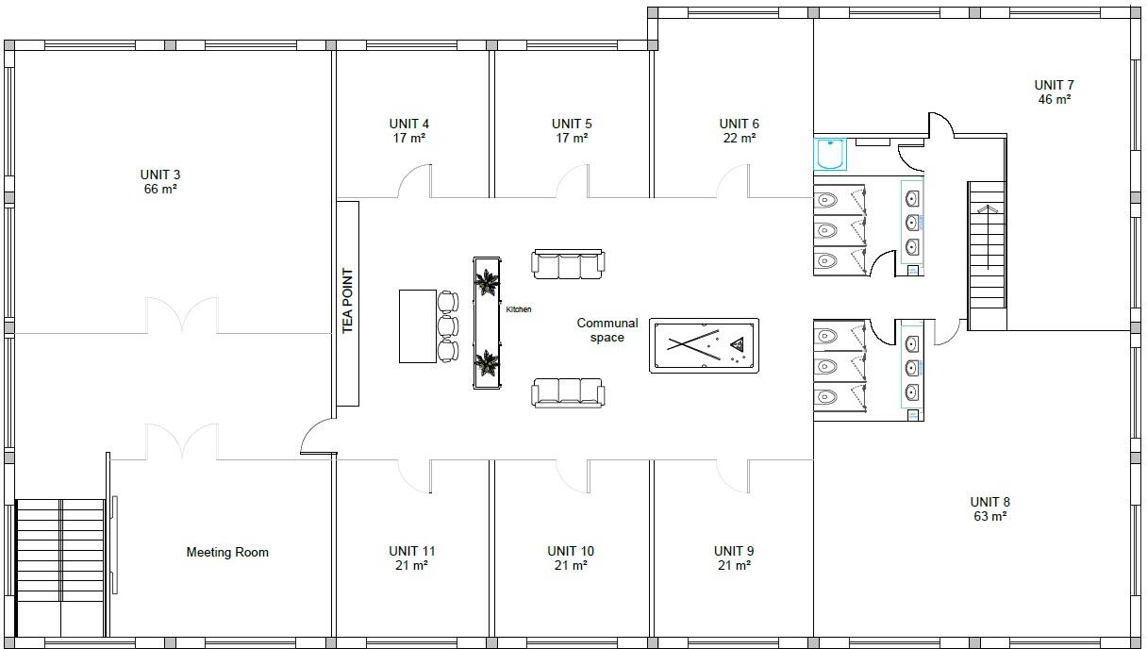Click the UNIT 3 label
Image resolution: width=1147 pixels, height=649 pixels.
coord(159,175)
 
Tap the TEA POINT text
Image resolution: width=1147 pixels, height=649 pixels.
coord(347,301)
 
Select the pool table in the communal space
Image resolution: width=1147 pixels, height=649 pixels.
coord(704,345)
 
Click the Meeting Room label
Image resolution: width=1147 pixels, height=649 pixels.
coord(227,552)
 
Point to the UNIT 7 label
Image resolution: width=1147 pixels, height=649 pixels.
coord(1054,85)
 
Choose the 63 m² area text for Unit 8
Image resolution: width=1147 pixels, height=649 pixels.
coord(989,516)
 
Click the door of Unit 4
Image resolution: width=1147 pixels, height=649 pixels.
coord(414,182)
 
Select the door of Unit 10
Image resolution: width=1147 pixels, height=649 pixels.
coord(573,475)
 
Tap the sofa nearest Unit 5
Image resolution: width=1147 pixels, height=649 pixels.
coord(569,264)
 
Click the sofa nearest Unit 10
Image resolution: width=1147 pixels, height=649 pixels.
coord(568,391)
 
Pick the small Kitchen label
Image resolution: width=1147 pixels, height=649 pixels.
coord(519,309)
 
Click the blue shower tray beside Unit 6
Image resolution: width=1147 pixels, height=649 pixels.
coord(831,154)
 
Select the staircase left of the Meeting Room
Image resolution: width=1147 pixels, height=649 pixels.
coord(60,566)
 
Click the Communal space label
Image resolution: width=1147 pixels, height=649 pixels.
coord(607,330)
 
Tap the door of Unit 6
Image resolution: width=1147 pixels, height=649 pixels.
coord(733,182)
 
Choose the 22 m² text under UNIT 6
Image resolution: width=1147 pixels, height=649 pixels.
coord(739,138)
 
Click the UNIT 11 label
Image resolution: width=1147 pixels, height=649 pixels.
coord(411,551)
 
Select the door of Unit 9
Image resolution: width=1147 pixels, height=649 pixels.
coord(733,475)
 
